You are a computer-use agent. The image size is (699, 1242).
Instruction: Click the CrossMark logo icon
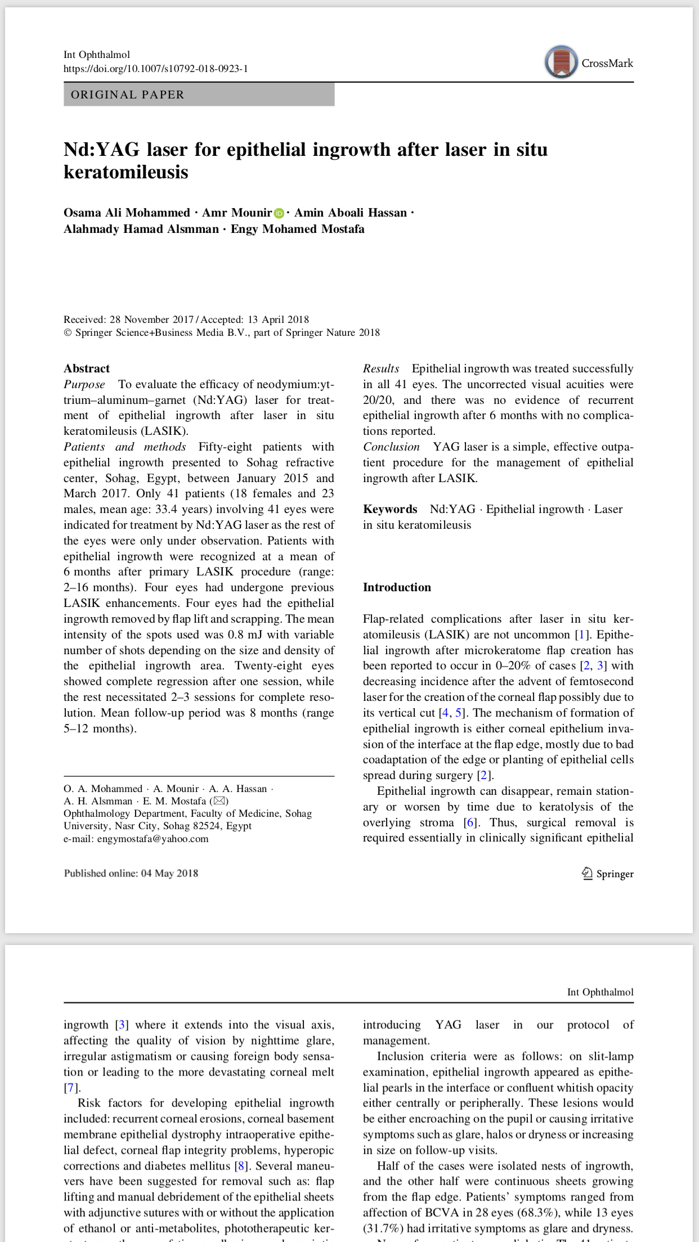point(561,62)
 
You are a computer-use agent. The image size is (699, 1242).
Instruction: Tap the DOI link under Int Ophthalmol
point(155,69)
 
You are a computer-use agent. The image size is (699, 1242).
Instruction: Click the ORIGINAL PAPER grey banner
point(199,94)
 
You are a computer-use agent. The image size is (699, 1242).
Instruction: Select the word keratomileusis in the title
point(126,172)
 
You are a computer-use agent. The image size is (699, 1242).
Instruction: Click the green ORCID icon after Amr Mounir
point(279,213)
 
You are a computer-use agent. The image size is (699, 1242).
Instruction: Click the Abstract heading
point(87,368)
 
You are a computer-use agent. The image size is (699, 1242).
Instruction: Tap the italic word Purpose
point(84,384)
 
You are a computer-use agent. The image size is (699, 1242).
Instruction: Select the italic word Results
point(381,368)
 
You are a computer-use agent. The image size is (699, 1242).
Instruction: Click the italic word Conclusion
point(391,447)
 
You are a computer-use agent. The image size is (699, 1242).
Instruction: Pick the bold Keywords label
point(390,509)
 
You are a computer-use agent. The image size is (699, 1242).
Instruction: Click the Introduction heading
point(397,587)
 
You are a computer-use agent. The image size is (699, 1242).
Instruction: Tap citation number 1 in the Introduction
point(581,634)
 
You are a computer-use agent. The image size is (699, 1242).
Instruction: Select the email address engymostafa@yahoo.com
point(153,839)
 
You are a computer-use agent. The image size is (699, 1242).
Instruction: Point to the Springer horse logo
point(587,874)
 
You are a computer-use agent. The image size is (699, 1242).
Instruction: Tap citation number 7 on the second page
point(70,1087)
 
